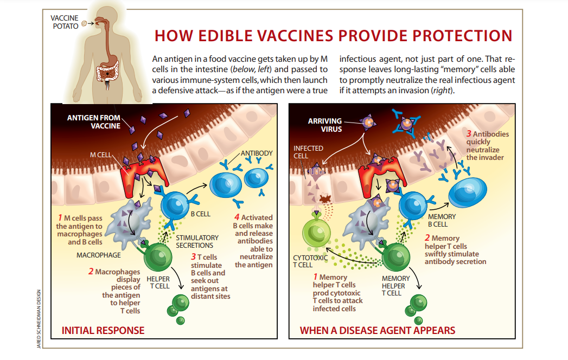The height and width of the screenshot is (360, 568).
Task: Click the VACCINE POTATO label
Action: point(65,22)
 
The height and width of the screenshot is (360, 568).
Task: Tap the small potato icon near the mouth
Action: point(84,23)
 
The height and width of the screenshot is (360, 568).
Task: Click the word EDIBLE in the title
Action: point(225,36)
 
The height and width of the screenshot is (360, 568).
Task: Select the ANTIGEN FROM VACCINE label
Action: point(93,121)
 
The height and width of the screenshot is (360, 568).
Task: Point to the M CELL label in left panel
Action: point(101,155)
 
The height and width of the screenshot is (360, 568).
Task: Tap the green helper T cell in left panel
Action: point(158,256)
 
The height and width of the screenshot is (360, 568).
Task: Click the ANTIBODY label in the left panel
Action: point(257,153)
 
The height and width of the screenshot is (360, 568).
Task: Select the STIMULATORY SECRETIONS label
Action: point(197,242)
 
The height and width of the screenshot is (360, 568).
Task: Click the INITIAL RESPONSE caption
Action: point(103,330)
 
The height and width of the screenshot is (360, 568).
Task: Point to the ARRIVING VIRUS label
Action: point(325,125)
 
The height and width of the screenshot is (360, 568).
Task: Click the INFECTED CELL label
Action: point(303,152)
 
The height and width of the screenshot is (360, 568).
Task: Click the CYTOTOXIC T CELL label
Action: point(310,261)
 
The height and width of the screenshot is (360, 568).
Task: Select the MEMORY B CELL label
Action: point(442,220)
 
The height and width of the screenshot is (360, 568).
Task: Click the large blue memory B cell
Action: point(467,192)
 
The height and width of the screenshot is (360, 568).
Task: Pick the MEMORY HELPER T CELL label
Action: point(395,286)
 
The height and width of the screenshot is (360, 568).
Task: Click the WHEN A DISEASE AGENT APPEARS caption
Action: point(377,330)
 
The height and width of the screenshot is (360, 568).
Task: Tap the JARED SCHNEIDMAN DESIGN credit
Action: point(39,319)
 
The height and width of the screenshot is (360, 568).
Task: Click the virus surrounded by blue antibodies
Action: point(406,123)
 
